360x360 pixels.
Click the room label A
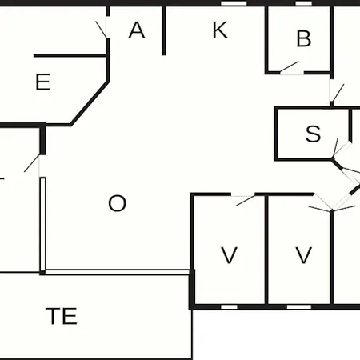pos(137,30)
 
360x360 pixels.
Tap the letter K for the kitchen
pos(220,30)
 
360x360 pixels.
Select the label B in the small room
pos(304,38)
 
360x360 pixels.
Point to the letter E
pos(43,82)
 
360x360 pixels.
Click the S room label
pos(313,134)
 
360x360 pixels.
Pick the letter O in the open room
pos(118,203)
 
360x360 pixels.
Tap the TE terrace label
pos(62,316)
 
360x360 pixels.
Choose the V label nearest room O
pos(230,255)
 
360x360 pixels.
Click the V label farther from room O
pos(304,255)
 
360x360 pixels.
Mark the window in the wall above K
pos(234,3)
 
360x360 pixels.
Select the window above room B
pos(303,3)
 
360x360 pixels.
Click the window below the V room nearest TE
pos(229,307)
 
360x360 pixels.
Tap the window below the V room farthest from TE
pos(299,307)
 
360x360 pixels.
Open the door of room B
pos(289,66)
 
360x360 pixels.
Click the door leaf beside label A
pos(102,30)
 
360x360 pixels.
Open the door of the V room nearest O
pos(246,200)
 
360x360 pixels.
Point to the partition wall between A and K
pos(164,30)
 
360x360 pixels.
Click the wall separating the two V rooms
pos(266,250)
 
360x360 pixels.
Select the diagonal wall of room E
pos(90,103)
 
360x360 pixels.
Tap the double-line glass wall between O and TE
pos(118,272)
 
